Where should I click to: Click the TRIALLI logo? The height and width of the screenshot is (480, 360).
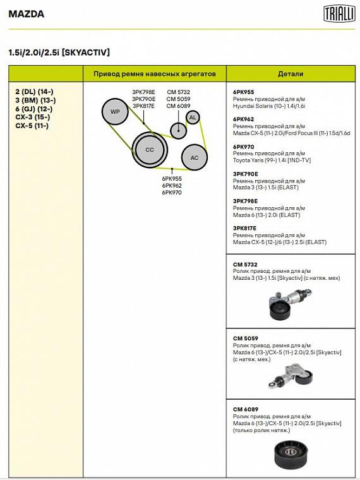[339, 14]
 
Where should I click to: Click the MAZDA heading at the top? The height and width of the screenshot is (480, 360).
[27, 14]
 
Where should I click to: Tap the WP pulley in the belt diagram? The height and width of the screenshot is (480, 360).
[115, 111]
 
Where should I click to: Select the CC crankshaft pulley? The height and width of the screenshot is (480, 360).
[150, 150]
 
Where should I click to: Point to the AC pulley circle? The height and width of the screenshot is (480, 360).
[195, 158]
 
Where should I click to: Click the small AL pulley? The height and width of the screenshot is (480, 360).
[193, 117]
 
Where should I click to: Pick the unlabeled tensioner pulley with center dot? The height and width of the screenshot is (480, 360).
[178, 130]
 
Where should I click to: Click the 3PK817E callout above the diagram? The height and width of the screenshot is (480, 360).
[143, 106]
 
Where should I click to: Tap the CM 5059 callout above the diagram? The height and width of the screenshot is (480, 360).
[179, 99]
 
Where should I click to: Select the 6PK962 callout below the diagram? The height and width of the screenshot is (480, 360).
[172, 186]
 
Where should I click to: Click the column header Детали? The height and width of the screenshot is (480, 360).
[291, 74]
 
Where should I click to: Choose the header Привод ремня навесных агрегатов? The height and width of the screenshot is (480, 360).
[155, 74]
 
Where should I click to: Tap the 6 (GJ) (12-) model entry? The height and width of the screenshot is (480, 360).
[34, 109]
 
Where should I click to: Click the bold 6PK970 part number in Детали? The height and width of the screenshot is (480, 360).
[243, 147]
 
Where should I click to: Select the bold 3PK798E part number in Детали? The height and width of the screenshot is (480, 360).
[245, 201]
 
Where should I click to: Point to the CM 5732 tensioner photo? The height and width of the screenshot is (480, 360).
[290, 304]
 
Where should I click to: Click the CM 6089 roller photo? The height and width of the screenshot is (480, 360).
[290, 455]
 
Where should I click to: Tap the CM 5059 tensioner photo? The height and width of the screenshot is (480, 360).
[291, 376]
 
